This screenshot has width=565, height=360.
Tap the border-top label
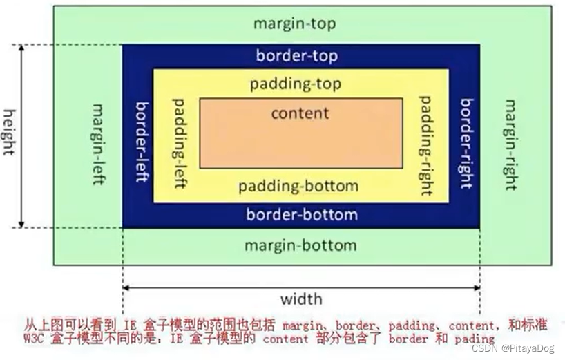[x=296, y=55]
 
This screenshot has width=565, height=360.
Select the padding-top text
[x=295, y=84]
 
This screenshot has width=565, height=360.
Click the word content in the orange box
[x=300, y=113]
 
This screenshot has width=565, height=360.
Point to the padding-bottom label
[x=298, y=187]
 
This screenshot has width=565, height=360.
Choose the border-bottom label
[x=302, y=214]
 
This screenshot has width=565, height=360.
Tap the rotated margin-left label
[x=98, y=144]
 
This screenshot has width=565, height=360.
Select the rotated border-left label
[x=142, y=142]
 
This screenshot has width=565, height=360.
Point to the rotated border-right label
[x=467, y=144]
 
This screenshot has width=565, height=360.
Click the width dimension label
[x=300, y=299]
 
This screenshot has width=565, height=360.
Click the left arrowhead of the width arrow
[x=126, y=287]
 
